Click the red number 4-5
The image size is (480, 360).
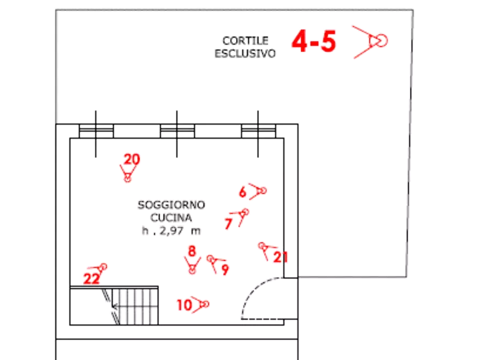tap(313, 42)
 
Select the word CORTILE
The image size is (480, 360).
tap(245, 41)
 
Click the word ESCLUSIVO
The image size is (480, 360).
tap(245, 53)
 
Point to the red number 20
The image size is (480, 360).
tap(132, 159)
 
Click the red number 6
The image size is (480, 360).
tap(242, 192)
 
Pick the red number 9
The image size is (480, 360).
tap(225, 269)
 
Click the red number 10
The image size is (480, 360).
tap(184, 305)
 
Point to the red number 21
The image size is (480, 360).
tap(280, 257)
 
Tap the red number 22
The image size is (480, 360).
tap(92, 278)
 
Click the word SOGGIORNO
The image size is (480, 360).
tap(171, 205)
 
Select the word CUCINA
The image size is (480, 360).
tap(171, 218)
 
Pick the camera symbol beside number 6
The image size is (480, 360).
tap(260, 191)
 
